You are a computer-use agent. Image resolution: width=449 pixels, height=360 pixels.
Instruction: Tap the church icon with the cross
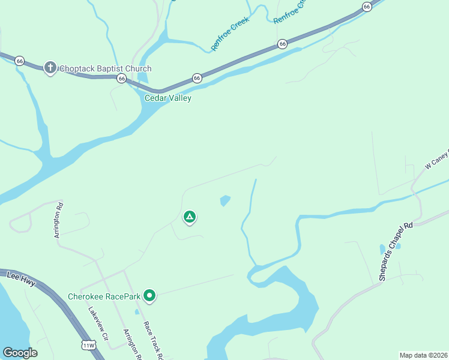tap(50, 68)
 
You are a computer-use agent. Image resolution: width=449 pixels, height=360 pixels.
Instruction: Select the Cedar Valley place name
tap(168, 98)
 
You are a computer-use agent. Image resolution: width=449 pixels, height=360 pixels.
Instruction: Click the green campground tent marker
tap(190, 217)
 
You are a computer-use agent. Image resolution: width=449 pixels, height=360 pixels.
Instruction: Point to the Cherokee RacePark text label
tap(104, 296)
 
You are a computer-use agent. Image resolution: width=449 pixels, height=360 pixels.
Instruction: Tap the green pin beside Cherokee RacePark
tap(150, 295)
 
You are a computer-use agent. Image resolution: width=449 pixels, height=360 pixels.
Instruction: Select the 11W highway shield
tap(88, 346)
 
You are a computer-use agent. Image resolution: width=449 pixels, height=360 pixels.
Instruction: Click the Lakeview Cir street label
tap(98, 325)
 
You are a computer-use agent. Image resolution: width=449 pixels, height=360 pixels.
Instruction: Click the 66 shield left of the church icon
tap(20, 61)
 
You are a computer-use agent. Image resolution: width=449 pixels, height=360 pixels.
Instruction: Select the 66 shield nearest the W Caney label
tap(367, 7)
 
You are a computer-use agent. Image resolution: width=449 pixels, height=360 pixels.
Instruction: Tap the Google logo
tap(20, 353)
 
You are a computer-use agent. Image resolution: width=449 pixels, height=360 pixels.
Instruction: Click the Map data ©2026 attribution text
tap(424, 355)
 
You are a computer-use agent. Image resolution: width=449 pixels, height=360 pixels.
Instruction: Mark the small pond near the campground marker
tap(225, 200)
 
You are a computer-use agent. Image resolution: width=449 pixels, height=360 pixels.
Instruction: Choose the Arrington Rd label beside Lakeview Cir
tap(132, 344)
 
